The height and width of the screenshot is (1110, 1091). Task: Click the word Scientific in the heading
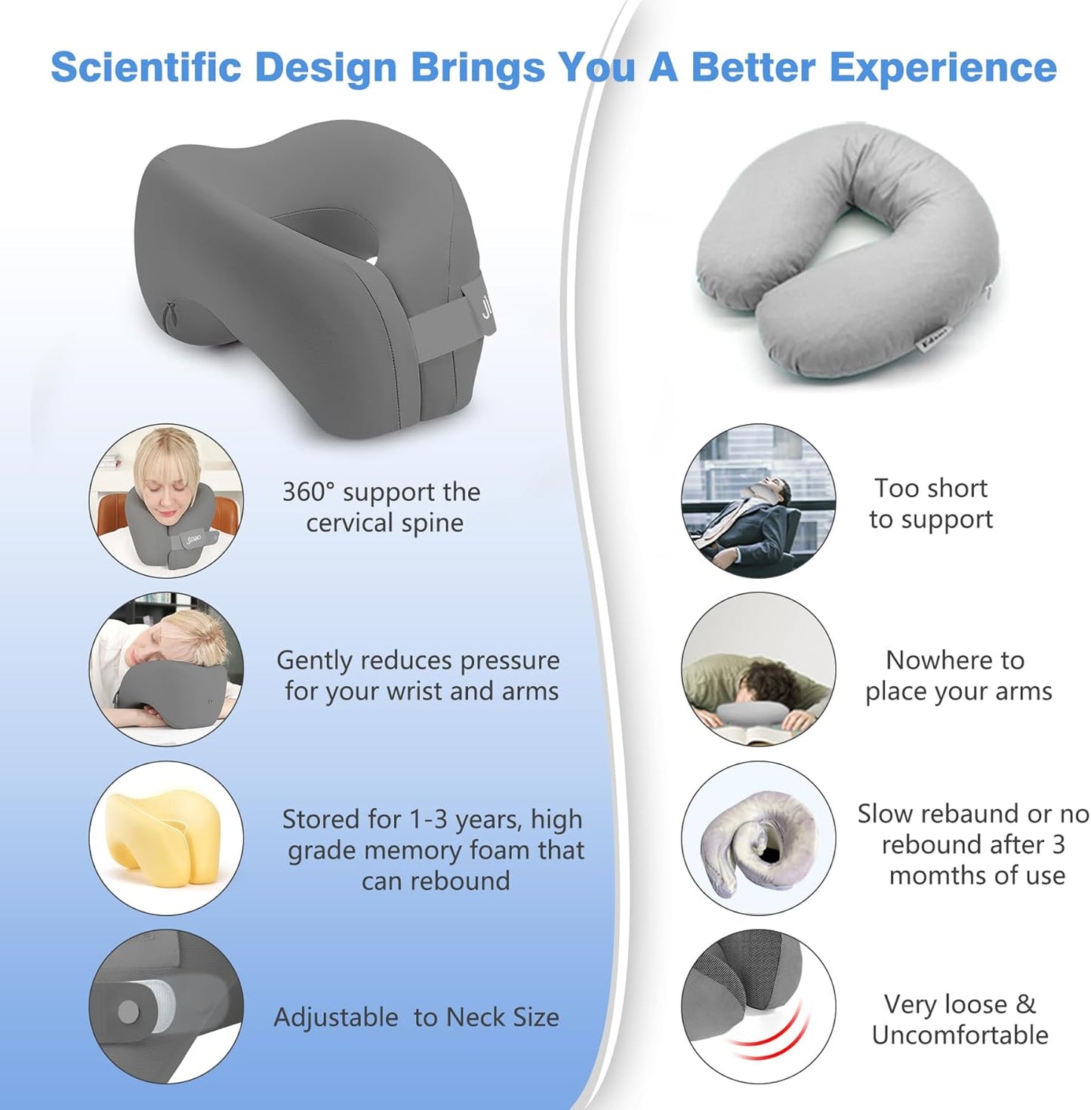(x=145, y=67)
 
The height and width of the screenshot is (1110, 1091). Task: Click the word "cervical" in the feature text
(x=352, y=523)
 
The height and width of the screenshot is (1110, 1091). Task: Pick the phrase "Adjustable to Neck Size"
(x=416, y=1017)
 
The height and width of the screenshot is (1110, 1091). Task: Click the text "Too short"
(x=930, y=488)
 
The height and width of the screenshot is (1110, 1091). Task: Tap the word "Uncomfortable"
(x=959, y=1035)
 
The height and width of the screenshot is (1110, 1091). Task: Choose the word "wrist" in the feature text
(x=416, y=691)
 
